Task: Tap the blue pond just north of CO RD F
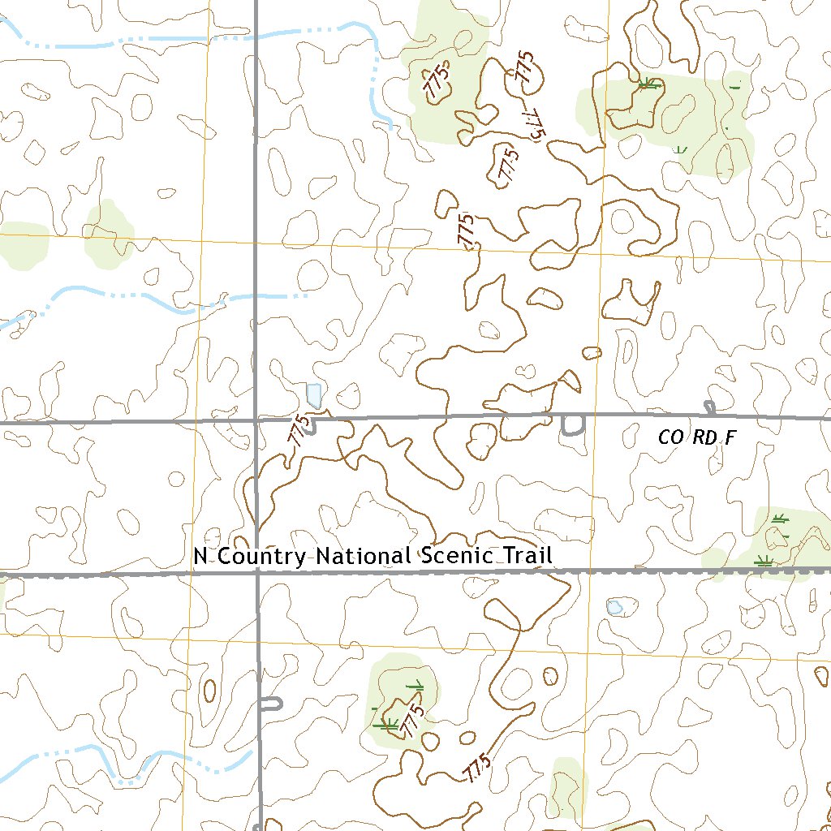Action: [314, 395]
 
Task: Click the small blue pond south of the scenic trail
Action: [614, 606]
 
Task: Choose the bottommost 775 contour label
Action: [478, 768]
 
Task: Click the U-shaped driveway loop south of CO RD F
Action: [573, 425]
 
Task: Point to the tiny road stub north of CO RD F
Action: [710, 407]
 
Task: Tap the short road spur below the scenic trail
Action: [271, 703]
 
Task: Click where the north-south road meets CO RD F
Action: [256, 420]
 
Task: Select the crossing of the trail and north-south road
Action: [256, 574]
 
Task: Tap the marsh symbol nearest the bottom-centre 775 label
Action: [388, 722]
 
